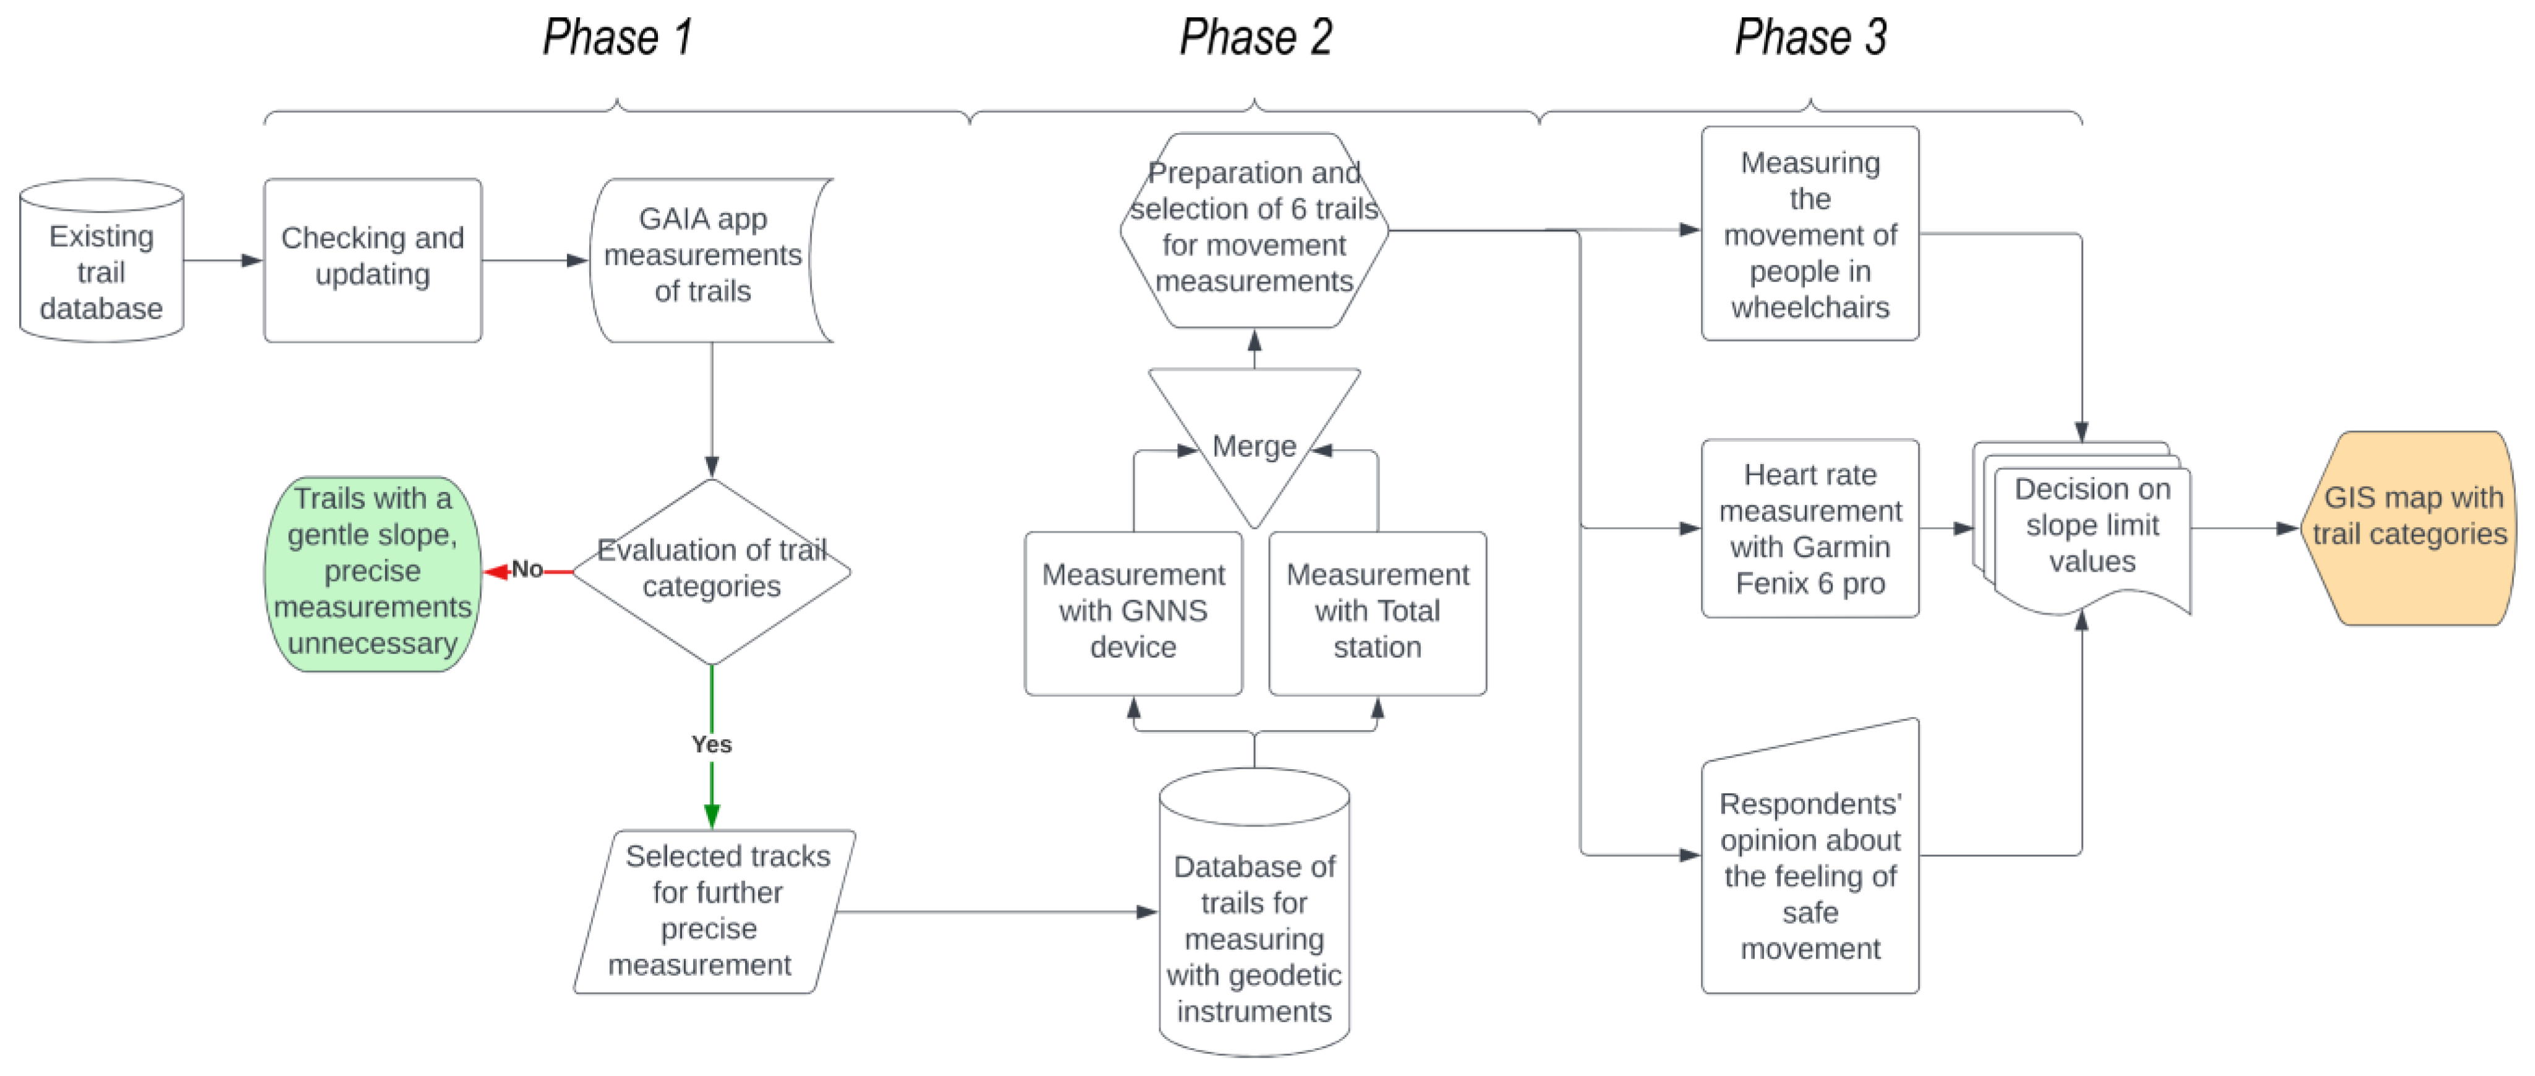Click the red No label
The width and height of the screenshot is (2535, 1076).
coord(527,569)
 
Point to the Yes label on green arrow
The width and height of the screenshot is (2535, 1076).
coord(712,744)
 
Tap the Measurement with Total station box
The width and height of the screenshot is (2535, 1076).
coord(1377,613)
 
